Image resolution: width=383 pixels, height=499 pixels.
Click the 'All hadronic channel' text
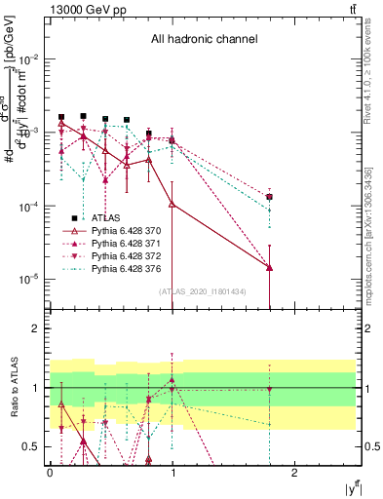click(x=204, y=40)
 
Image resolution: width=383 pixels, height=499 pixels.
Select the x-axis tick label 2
click(x=296, y=471)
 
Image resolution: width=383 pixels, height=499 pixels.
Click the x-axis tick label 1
click(x=172, y=471)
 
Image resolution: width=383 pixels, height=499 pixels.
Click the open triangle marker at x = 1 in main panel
click(x=172, y=204)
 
